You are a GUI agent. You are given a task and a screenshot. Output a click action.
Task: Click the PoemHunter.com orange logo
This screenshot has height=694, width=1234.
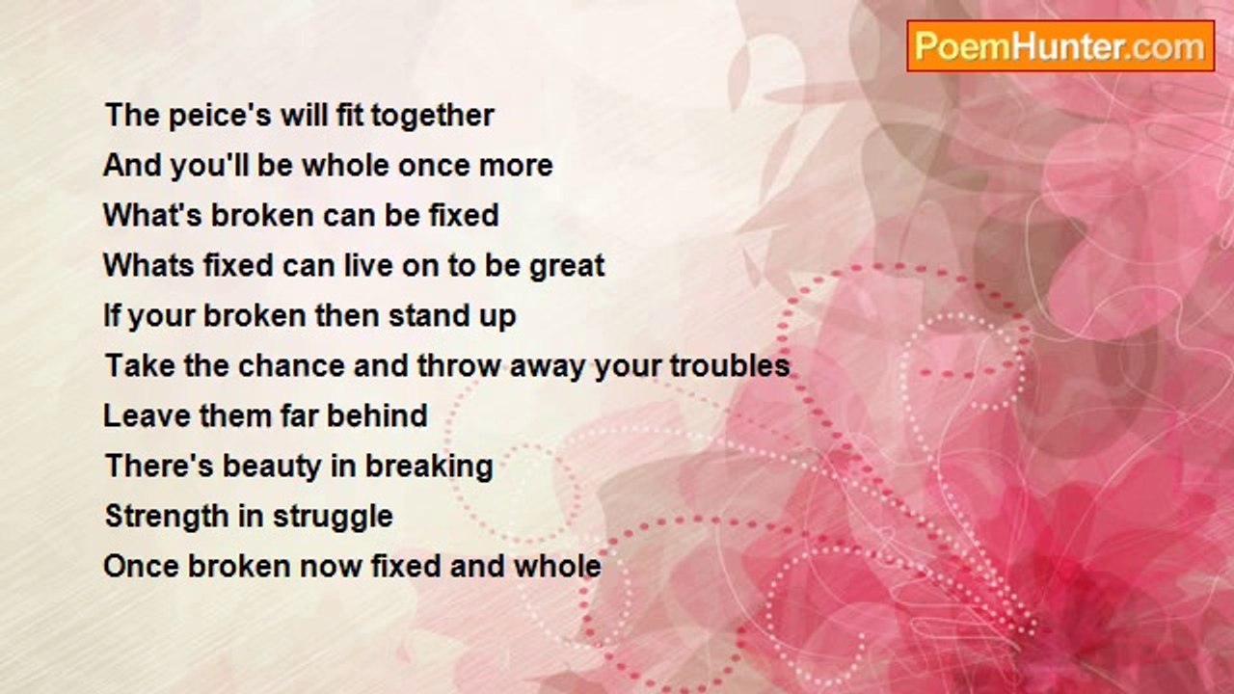pos(1060,46)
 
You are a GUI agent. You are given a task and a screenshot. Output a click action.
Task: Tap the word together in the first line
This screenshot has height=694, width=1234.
pos(433,117)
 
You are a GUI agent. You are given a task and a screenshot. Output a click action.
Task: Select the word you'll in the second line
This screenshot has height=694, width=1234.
pos(209,166)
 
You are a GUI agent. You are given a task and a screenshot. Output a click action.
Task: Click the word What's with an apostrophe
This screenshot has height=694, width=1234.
pos(153,215)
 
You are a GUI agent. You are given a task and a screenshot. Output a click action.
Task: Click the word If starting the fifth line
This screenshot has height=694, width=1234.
pos(112,315)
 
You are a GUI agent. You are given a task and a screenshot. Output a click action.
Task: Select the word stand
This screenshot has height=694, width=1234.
pos(425,315)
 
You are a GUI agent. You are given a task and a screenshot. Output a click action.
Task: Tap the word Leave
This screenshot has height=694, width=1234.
pos(147,415)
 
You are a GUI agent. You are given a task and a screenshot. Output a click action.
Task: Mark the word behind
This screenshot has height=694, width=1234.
pos(377,415)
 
